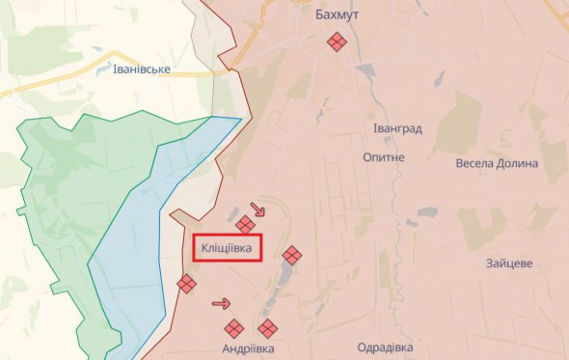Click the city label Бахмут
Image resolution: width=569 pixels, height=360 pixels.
click(337, 15)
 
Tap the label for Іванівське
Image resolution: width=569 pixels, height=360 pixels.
click(142, 69)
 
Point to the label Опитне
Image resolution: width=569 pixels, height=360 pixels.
click(384, 156)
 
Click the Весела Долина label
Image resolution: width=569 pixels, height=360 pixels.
click(497, 163)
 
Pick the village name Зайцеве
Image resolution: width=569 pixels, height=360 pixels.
click(511, 263)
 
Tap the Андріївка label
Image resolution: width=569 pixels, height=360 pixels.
click(248, 347)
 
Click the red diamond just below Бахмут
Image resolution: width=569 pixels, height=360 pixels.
click(337, 42)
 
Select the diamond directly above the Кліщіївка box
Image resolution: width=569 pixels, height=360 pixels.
click(246, 225)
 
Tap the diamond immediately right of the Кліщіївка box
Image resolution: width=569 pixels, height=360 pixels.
click(291, 256)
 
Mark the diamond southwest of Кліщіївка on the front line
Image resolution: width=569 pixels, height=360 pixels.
click(186, 284)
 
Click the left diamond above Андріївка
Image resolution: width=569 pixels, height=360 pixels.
click(233, 327)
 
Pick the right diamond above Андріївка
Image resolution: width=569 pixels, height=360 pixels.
click(267, 328)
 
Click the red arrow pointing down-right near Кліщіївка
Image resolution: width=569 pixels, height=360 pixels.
click(257, 208)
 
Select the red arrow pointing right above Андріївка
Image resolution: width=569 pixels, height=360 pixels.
click(221, 304)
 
